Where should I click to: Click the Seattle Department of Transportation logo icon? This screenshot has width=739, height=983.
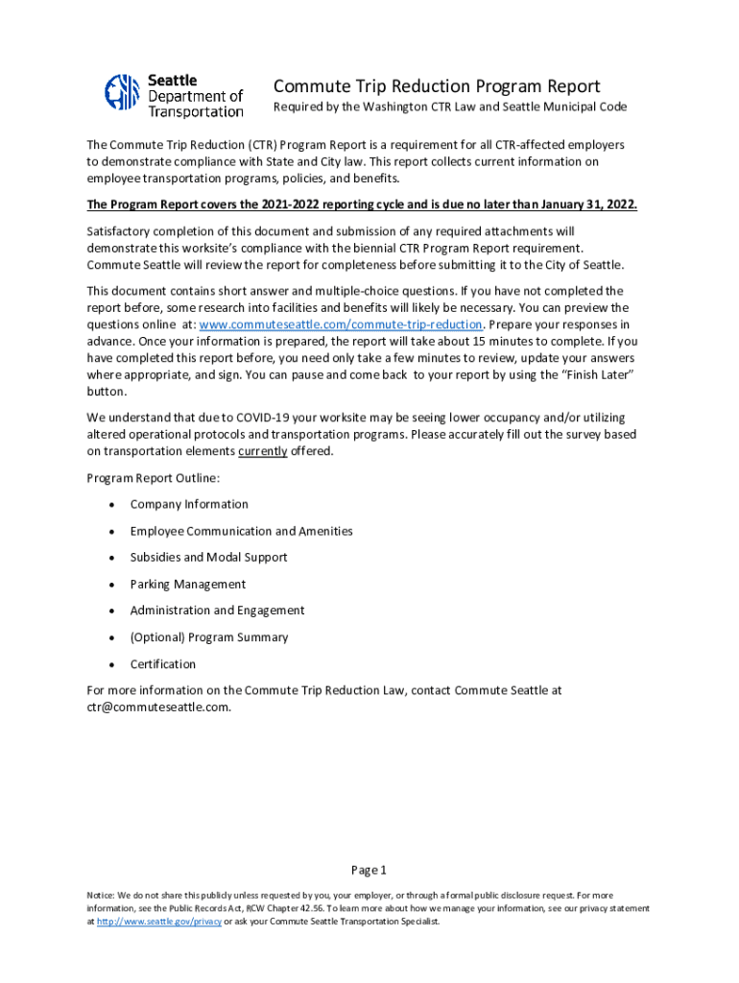point(123,92)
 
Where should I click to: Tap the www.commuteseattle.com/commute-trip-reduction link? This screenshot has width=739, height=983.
point(339,324)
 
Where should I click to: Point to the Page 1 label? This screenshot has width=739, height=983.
point(369,871)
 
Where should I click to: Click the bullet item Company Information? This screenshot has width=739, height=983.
point(189,504)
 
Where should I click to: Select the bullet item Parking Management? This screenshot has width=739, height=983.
point(187,584)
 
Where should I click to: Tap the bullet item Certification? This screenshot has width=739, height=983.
point(162,664)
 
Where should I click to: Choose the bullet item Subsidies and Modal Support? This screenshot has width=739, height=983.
point(208,557)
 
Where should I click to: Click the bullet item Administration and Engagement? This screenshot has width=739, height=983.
point(217,611)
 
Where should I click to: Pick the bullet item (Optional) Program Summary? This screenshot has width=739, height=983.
point(208,637)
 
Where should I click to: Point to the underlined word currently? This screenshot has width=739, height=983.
point(263,451)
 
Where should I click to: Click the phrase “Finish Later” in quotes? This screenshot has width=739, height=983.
point(598,374)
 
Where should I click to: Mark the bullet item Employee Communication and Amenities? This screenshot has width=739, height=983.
point(241,531)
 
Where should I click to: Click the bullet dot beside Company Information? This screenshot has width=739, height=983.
point(112,504)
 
